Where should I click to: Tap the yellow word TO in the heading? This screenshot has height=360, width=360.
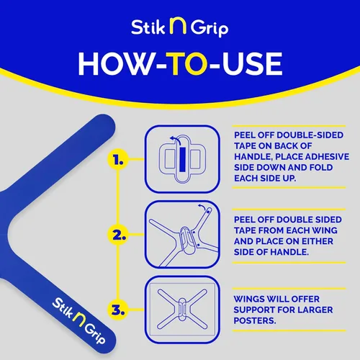pos(179,63)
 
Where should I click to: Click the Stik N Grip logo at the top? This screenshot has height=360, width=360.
pos(180,28)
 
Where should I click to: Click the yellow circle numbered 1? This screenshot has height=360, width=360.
pos(118,162)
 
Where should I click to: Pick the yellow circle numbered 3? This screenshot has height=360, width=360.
pos(118,310)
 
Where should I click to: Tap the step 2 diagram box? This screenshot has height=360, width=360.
pos(181,233)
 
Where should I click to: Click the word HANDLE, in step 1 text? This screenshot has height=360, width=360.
pos(255,156)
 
